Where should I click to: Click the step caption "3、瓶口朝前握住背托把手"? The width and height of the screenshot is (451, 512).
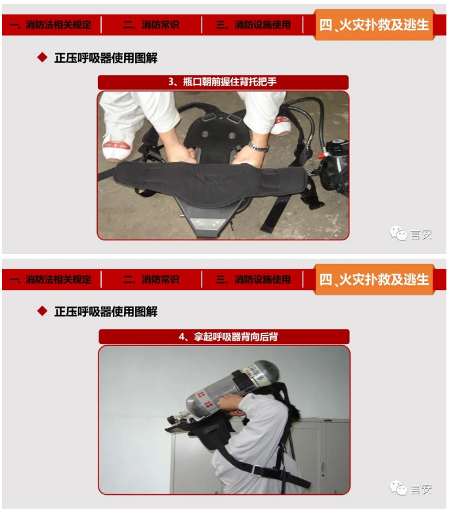click(223, 81)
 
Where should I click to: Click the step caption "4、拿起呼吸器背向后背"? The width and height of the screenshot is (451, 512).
click(228, 336)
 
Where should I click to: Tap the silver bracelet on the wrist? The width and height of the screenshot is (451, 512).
click(258, 146)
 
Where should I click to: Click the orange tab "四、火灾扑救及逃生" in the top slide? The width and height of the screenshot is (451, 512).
click(374, 25)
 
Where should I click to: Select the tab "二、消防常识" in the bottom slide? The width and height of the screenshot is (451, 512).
click(151, 280)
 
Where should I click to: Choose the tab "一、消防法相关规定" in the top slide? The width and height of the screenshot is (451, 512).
click(51, 25)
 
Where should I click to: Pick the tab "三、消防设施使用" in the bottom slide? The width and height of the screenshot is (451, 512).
click(253, 280)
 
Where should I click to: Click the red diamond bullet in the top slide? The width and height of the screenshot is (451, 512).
click(43, 58)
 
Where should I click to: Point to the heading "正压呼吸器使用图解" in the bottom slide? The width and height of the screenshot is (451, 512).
click(106, 312)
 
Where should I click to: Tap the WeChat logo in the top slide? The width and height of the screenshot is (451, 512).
click(398, 234)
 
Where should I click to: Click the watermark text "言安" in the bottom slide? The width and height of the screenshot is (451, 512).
click(421, 489)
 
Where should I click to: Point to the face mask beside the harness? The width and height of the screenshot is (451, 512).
click(334, 167)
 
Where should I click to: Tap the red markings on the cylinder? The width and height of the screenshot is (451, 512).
click(204, 399)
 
